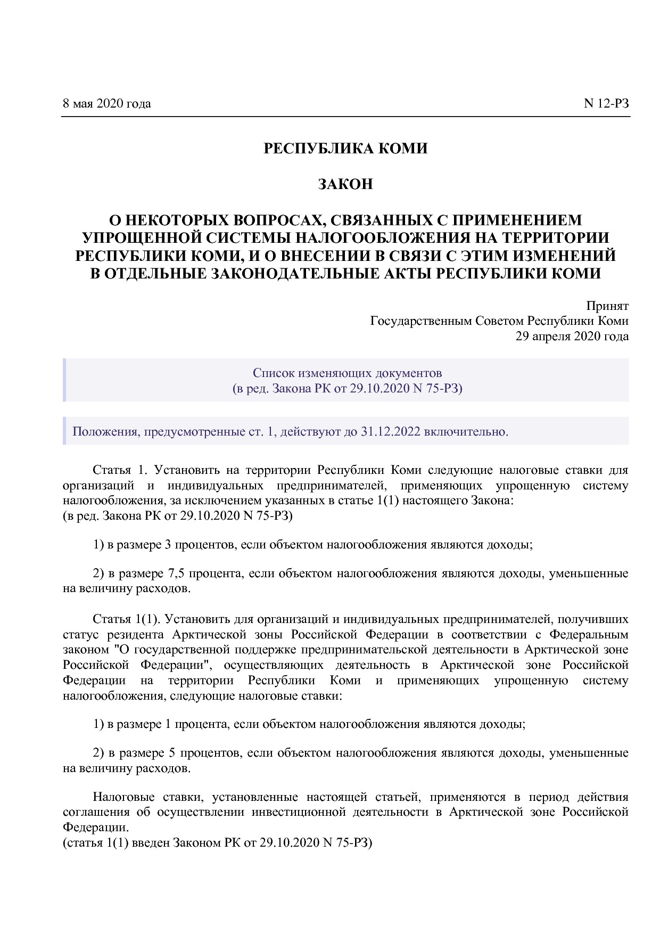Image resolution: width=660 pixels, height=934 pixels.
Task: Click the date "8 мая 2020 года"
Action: coord(106,103)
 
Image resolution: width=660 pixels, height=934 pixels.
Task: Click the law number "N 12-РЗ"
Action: coord(606,103)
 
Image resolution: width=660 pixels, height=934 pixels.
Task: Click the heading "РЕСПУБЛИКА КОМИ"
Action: coord(345,149)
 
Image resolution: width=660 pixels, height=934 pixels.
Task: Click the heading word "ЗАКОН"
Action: coord(345,184)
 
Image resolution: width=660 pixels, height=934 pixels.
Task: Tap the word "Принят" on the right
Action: coord(607,306)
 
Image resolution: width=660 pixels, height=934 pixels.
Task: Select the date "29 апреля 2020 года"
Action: coord(572,336)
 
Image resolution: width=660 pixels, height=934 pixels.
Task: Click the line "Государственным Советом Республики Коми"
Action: coord(499,321)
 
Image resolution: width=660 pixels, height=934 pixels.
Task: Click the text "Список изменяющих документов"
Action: coord(347,373)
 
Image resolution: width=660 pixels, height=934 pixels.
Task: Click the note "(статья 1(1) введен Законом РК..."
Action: coord(217,843)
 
